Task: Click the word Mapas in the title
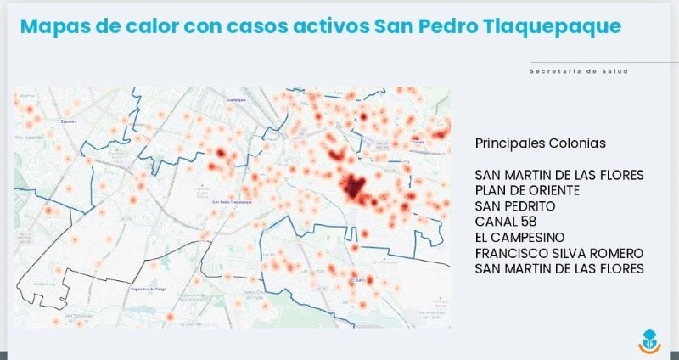(x=55, y=26)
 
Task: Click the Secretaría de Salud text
(x=579, y=71)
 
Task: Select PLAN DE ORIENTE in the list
(x=527, y=190)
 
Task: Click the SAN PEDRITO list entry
(x=515, y=205)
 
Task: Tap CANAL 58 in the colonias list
(x=506, y=222)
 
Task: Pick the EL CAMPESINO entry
(x=520, y=237)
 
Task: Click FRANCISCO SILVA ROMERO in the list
(x=558, y=253)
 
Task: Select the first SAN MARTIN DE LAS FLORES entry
(x=559, y=175)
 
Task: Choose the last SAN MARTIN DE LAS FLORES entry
(x=559, y=268)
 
